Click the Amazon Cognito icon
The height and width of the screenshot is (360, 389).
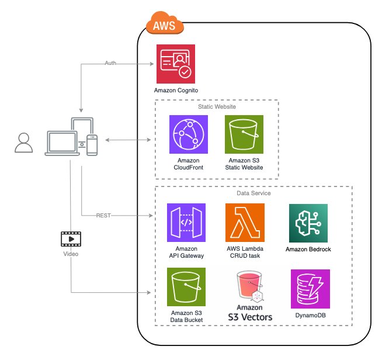coord(176,64)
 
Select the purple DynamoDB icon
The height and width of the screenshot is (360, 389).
coord(310,289)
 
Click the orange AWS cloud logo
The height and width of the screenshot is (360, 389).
coord(164,25)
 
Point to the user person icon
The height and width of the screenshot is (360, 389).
coord(23,143)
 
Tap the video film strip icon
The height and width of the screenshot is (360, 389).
coord(71,238)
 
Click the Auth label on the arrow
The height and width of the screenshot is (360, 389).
coord(110,63)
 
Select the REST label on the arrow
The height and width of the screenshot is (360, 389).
coord(103,216)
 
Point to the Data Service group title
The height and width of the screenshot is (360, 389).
coord(252,192)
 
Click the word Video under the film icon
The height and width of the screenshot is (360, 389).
coord(71,255)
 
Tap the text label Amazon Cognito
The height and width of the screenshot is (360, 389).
coord(176,91)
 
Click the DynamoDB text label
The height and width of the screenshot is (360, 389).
coord(310,316)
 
